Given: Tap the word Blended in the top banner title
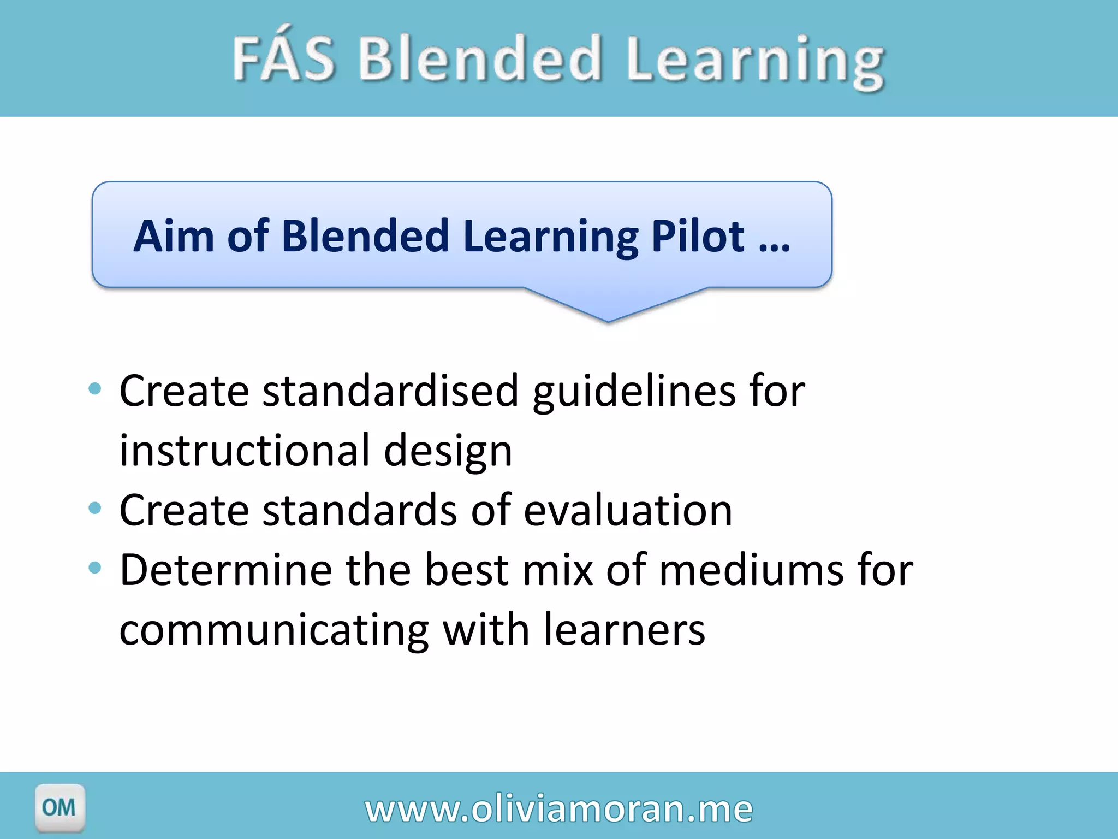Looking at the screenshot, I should [480, 58].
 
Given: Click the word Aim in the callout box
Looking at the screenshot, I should [174, 236].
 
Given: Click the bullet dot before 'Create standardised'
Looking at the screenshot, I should [95, 389].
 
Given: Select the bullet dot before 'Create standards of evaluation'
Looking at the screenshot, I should [95, 508].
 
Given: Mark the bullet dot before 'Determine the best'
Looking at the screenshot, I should [95, 568].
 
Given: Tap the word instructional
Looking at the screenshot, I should [245, 451].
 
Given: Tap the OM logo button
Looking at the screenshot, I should [60, 807].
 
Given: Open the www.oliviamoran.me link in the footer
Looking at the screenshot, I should [559, 808].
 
